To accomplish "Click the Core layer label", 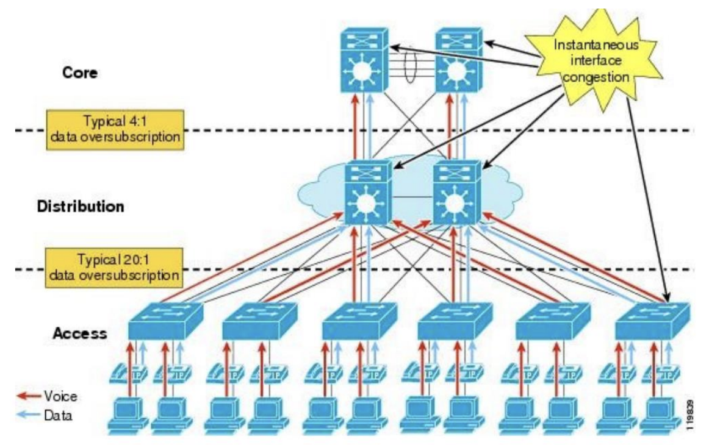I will tap(80, 73).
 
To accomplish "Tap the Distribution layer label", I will tap(81, 206).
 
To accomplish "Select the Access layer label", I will tap(80, 333).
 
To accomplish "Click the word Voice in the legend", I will tap(60, 396).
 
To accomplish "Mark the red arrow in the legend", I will tap(27, 396).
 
